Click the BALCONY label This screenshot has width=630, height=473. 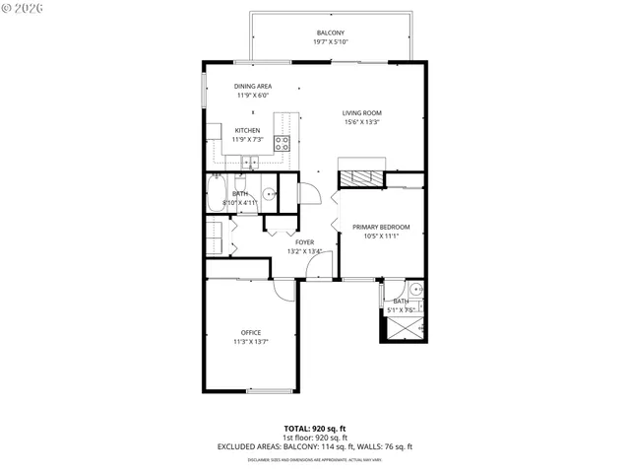coord(330,33)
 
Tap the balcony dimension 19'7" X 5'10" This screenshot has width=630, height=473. coord(330,42)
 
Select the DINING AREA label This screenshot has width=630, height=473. coord(253,87)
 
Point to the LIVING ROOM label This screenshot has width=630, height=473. coord(362,113)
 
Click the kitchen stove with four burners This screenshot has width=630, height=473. coord(282,141)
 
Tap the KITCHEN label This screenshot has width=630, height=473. coord(247,130)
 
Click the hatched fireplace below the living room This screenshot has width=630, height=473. coord(362,178)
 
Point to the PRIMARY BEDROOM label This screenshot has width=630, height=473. coord(380,228)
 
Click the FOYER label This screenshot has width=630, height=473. coord(306,241)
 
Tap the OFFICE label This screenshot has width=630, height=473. coord(251,332)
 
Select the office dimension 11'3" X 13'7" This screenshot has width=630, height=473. coord(251,342)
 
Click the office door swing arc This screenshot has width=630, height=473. coord(283,289)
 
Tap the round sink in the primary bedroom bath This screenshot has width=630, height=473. coord(415,290)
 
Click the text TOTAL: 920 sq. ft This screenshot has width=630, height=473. coord(314,428)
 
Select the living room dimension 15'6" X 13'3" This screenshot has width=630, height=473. coord(362,123)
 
